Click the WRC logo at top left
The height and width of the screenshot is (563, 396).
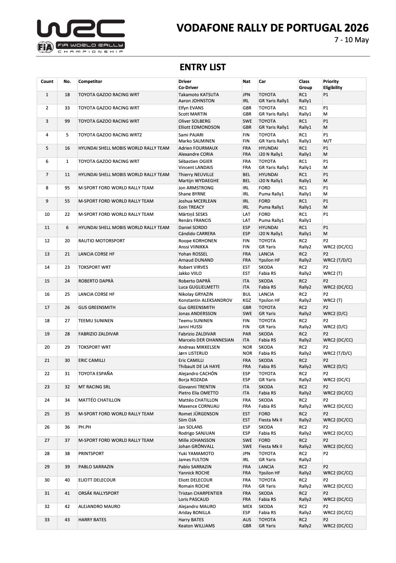click(80, 36)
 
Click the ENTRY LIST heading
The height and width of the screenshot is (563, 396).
click(203, 67)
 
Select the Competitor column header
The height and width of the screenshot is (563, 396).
click(90, 81)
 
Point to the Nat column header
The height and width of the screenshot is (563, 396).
click(246, 81)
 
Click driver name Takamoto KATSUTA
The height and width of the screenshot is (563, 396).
click(199, 95)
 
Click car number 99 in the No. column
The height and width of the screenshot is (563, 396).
click(67, 121)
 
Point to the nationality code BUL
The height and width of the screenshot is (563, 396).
click(247, 294)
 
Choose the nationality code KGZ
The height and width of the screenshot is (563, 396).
click(247, 300)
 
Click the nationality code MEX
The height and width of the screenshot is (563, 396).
click(247, 506)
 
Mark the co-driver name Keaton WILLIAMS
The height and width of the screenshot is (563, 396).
click(196, 525)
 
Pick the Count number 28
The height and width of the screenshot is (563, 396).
click(47, 453)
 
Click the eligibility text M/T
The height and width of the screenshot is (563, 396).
click(328, 140)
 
